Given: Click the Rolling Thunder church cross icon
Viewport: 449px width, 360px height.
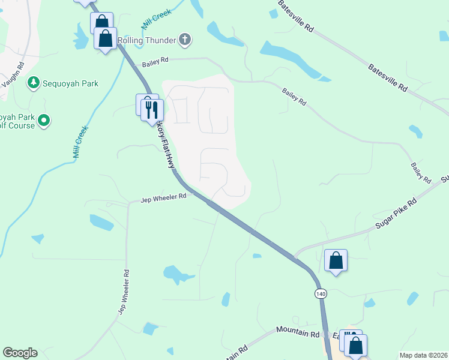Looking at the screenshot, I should (x=185, y=40).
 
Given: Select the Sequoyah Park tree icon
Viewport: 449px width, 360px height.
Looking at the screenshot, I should (x=34, y=83).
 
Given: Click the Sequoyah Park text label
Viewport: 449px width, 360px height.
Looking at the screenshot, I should (x=70, y=83).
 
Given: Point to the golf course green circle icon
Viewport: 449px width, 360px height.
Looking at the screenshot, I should (x=43, y=121).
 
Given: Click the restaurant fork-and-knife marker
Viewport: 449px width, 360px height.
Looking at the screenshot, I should (x=152, y=109).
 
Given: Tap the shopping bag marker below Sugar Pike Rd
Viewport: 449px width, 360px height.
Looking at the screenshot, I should (x=336, y=260).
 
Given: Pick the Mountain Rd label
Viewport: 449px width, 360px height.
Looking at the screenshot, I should (x=298, y=331).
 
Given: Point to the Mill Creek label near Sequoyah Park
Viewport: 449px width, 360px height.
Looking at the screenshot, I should (x=80, y=142).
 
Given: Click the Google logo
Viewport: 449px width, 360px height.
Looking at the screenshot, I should (x=20, y=353).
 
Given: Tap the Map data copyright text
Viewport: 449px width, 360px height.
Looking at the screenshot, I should (x=424, y=355).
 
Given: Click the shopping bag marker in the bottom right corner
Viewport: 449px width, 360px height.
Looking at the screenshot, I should (x=356, y=346).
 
